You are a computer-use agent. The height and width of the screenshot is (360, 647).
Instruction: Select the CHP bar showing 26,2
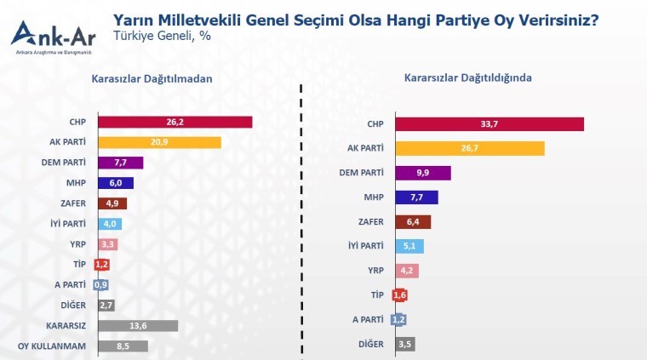pyautogui.click(x=175, y=122)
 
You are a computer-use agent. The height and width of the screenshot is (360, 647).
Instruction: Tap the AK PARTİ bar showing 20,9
pyautogui.click(x=160, y=142)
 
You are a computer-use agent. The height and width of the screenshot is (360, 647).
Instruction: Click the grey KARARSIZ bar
pyautogui.click(x=138, y=326)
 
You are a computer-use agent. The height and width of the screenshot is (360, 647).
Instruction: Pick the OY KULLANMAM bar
pyautogui.click(x=123, y=346)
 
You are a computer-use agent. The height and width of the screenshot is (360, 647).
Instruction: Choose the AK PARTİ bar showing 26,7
pyautogui.click(x=469, y=148)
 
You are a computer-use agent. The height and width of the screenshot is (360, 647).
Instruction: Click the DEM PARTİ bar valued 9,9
pyautogui.click(x=422, y=173)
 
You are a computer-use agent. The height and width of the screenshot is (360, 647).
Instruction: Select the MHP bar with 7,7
pyautogui.click(x=416, y=197)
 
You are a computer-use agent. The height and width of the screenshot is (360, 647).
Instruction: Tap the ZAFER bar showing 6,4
pyautogui.click(x=413, y=222)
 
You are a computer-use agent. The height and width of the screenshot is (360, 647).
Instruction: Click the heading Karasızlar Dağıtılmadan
pyautogui.click(x=152, y=79)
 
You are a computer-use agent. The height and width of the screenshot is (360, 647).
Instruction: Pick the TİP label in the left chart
pyautogui.click(x=78, y=265)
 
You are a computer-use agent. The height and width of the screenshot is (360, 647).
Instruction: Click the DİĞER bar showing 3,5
pyautogui.click(x=404, y=345)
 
